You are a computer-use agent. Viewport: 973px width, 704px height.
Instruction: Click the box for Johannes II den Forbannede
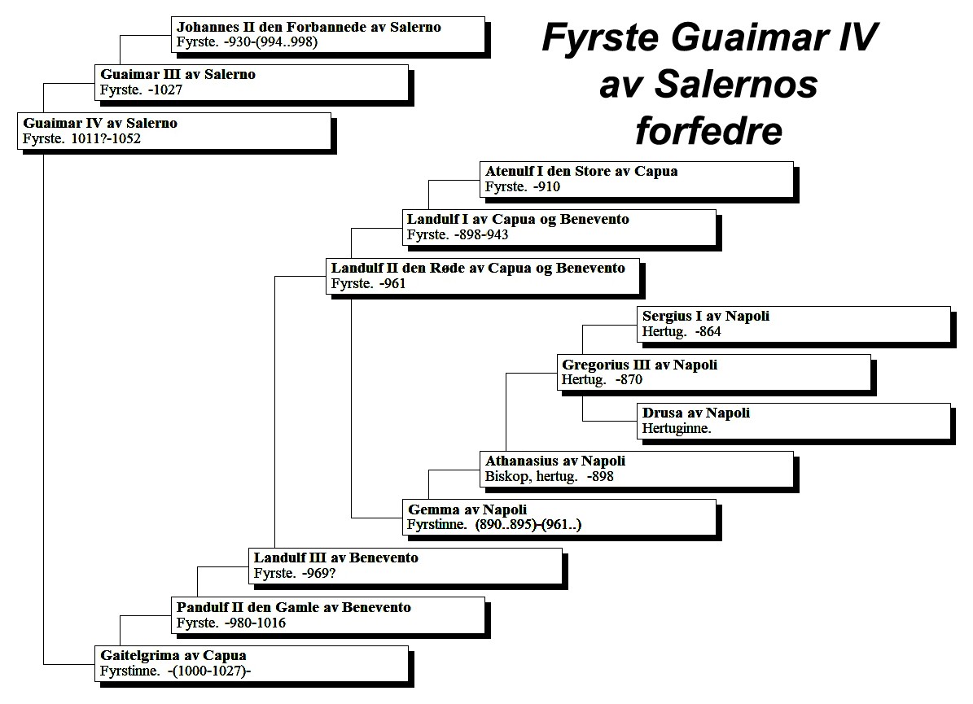click(x=328, y=35)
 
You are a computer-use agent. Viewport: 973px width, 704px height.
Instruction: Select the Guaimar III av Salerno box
click(x=252, y=82)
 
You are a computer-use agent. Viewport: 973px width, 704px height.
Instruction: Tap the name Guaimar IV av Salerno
click(x=100, y=123)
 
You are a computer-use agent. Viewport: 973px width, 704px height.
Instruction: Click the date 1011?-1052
click(x=106, y=138)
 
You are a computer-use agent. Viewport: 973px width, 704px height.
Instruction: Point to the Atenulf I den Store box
click(x=637, y=180)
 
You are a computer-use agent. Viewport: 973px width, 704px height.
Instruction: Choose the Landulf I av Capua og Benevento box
click(x=559, y=228)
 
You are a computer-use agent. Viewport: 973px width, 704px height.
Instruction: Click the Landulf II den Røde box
click(x=483, y=276)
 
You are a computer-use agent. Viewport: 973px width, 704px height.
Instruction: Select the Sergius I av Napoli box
click(x=794, y=324)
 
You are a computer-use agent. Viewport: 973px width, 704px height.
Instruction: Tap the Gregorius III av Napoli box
click(x=714, y=372)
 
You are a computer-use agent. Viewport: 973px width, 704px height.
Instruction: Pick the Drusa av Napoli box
click(x=794, y=421)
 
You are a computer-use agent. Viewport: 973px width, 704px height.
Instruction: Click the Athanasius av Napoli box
click(x=637, y=470)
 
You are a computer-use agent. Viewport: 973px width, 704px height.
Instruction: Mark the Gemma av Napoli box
click(x=559, y=518)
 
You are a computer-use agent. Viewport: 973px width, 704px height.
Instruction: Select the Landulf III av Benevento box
click(x=405, y=566)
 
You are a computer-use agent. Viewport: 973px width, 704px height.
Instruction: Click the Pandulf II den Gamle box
click(x=328, y=615)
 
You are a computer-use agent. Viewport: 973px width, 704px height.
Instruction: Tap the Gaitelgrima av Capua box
click(x=252, y=663)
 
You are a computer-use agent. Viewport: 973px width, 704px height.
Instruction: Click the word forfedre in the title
click(x=708, y=130)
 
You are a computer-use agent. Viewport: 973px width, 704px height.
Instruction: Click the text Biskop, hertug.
click(x=531, y=476)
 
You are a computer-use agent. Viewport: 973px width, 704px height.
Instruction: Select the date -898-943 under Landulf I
click(x=481, y=234)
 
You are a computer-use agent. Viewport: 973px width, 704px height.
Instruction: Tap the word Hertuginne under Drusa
click(x=677, y=428)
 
